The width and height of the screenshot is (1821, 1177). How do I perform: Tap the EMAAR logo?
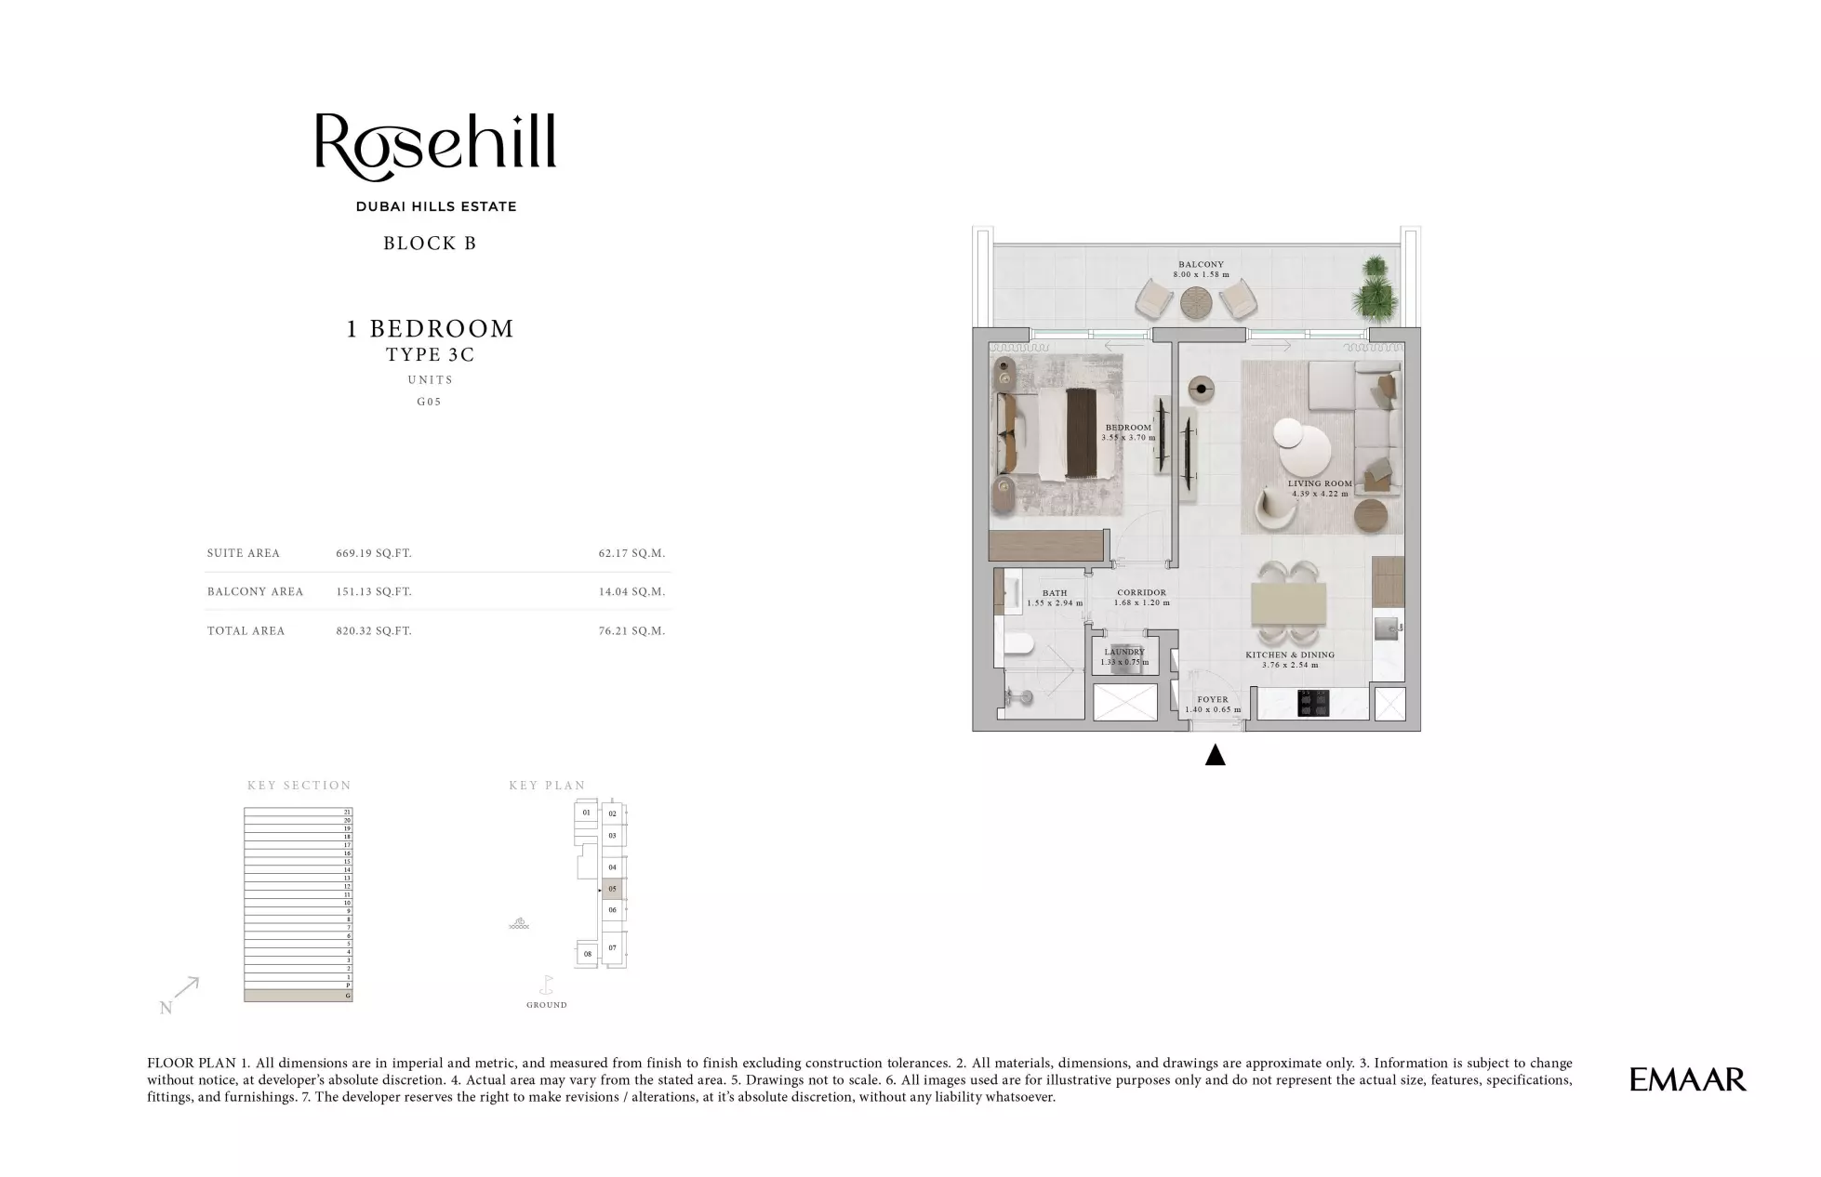[1687, 1079]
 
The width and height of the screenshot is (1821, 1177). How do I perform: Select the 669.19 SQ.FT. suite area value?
[373, 553]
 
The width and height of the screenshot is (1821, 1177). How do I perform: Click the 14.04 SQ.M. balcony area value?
[631, 591]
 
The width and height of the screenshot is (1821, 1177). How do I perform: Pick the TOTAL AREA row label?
[246, 630]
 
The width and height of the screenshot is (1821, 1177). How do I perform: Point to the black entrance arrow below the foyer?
[1215, 755]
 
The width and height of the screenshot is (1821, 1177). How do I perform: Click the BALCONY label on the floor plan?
[1201, 264]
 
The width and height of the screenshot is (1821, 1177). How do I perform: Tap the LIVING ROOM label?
[1319, 483]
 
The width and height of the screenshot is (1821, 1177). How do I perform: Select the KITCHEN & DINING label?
[1289, 655]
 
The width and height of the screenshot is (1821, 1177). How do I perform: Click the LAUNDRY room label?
[1124, 652]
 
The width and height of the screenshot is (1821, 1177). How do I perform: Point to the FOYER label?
[1212, 699]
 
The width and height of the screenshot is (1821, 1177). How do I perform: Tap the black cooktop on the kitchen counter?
[1313, 703]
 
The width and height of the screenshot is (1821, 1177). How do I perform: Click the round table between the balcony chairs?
[1196, 302]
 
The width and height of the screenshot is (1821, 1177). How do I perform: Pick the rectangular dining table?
[1289, 603]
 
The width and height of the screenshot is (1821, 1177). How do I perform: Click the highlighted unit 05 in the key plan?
[612, 889]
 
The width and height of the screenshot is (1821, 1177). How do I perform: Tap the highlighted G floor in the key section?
[298, 996]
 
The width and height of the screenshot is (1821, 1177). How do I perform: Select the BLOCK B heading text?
[430, 244]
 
